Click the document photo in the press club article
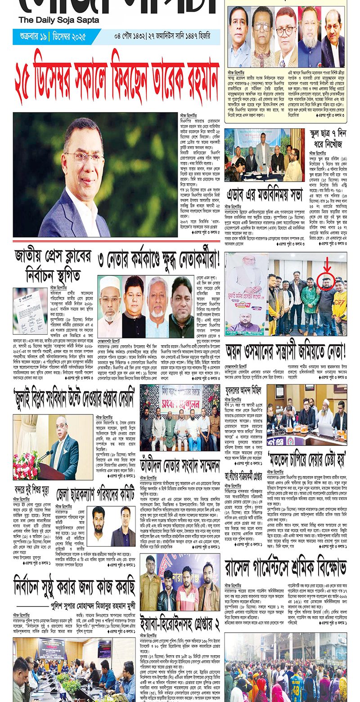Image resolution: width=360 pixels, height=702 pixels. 30,310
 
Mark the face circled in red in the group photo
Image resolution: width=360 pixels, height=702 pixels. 326,283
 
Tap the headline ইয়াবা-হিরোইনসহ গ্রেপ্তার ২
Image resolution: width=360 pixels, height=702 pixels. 180,618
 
